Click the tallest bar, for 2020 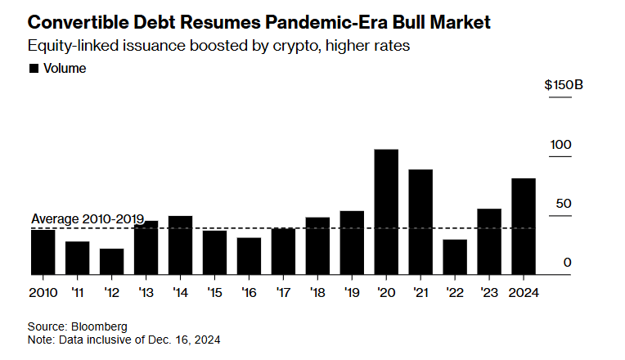coord(385,212)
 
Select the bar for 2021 coord(420,222)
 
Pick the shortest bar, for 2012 coord(111,261)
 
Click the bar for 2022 coord(454,257)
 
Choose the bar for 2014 coord(180,245)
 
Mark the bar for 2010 coord(43,252)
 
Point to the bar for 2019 coord(351,242)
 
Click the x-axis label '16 coord(249,292)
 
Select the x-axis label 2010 coord(43,292)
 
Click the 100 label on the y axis coord(560,145)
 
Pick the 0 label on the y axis coord(566,263)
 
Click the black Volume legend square coord(34,69)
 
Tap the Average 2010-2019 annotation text coord(88,219)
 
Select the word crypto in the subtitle coord(288,46)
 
